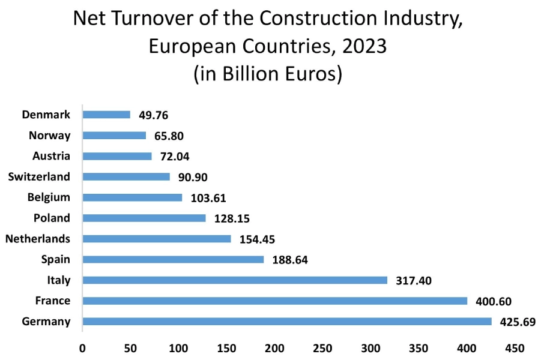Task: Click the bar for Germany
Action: [x=287, y=322]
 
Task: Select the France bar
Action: [x=274, y=301]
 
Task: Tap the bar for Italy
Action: [x=235, y=280]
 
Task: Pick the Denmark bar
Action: [x=106, y=115]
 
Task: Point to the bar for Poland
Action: [x=144, y=218]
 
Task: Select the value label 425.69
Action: [x=517, y=322]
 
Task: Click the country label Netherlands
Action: [x=38, y=239]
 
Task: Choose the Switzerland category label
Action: [x=39, y=176]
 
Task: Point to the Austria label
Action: [x=51, y=156]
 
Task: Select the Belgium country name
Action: [x=49, y=197]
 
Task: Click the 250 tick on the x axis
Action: [x=323, y=347]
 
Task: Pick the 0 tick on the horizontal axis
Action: [x=82, y=347]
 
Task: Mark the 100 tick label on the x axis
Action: [x=178, y=347]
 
